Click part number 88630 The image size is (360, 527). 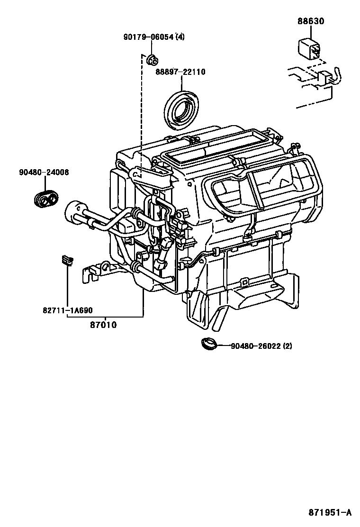point(311,21)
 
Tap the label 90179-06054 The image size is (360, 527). point(146,37)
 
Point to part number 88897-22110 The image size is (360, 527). point(180,72)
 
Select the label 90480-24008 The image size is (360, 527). point(44,173)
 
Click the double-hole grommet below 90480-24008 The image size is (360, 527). point(45,200)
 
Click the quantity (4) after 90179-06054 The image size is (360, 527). point(180,37)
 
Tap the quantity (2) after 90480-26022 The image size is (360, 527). point(288,346)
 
